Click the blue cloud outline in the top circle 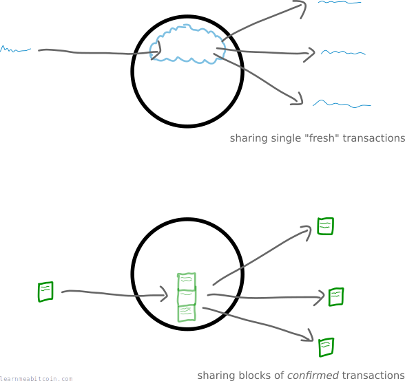tap(187, 25)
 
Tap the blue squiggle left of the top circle tap(15, 50)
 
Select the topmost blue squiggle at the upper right tap(340, 2)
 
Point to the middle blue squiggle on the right tap(343, 53)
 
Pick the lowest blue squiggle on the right tap(342, 104)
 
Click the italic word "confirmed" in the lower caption tap(313, 375)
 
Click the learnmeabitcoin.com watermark tap(36, 378)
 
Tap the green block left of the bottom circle tap(45, 292)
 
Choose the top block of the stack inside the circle tap(187, 281)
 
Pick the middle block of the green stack tap(187, 297)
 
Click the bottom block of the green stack tap(187, 313)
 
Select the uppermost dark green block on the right tap(325, 226)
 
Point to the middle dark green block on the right tap(336, 297)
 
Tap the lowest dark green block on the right tap(326, 347)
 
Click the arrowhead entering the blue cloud tap(157, 50)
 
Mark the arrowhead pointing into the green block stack tap(165, 294)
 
